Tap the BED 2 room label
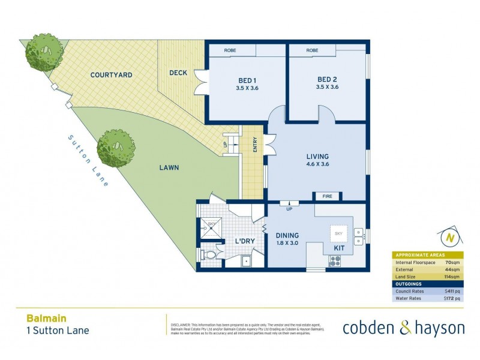click(328, 80)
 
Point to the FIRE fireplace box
click(327, 196)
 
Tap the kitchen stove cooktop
click(334, 260)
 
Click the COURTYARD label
click(111, 75)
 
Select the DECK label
click(178, 73)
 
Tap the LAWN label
click(169, 168)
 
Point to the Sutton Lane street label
click(88, 160)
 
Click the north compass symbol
click(448, 238)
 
